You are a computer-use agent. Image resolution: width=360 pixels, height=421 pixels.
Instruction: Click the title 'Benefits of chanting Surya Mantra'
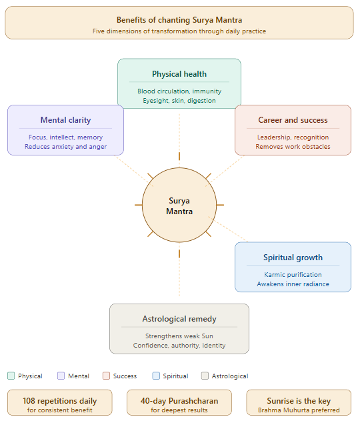click(x=179, y=20)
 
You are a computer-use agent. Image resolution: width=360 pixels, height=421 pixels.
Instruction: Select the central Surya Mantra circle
click(x=179, y=205)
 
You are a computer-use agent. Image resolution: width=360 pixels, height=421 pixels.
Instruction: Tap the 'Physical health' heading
click(x=179, y=74)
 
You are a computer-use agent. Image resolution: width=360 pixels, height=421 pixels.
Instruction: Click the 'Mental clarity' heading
click(x=65, y=120)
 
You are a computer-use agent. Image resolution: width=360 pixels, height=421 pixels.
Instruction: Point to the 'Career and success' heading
click(x=293, y=120)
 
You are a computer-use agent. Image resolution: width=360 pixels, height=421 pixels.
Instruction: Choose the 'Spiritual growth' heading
click(x=293, y=258)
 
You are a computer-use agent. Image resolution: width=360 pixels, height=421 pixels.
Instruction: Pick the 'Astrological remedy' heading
click(x=179, y=319)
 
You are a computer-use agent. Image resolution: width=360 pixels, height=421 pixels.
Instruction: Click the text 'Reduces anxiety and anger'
click(x=65, y=147)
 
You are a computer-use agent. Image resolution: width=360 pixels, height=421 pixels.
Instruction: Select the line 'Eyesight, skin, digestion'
click(x=179, y=100)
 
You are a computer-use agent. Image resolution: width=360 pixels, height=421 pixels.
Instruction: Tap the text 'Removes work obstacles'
click(x=293, y=147)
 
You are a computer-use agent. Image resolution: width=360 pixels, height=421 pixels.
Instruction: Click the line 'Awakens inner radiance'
click(x=293, y=284)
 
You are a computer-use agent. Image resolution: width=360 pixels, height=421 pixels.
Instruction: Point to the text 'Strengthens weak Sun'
click(x=179, y=336)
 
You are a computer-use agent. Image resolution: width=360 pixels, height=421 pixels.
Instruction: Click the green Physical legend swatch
click(x=11, y=376)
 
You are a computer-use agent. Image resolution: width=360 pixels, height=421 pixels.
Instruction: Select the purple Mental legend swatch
click(x=61, y=376)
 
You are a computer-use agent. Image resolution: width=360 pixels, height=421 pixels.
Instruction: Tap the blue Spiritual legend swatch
click(x=156, y=376)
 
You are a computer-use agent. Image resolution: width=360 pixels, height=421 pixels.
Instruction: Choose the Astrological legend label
click(x=230, y=376)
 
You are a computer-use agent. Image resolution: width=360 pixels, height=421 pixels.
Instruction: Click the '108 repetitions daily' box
click(x=59, y=403)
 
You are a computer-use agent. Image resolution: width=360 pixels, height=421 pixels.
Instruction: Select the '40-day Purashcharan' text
click(x=179, y=401)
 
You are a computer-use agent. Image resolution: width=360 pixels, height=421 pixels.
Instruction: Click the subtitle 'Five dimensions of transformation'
click(x=179, y=31)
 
